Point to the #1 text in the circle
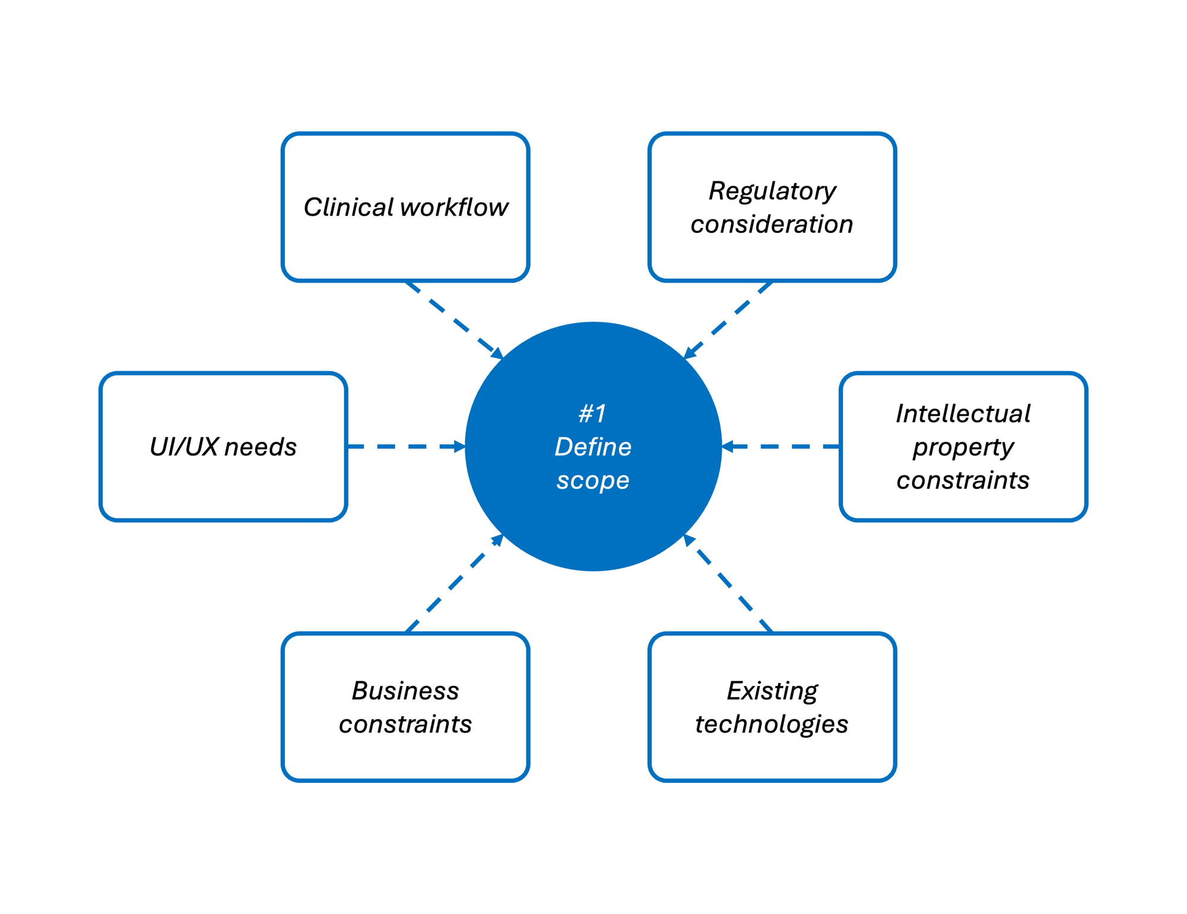[x=593, y=414]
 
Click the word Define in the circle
[x=593, y=447]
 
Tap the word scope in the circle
[x=593, y=480]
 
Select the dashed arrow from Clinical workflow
[x=454, y=320]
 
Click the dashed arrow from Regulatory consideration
[x=729, y=320]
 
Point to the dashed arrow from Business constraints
[x=454, y=583]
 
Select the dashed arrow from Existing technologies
[x=729, y=583]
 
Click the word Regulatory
[x=772, y=191]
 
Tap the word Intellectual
[x=963, y=414]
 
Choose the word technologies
[x=772, y=724]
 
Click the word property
[x=963, y=447]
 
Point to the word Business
[x=405, y=691]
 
